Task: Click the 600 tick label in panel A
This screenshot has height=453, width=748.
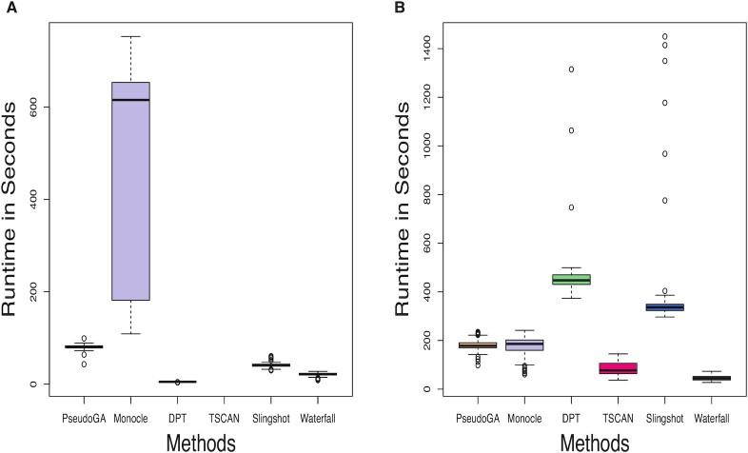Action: (32, 108)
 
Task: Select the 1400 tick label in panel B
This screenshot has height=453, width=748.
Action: (407, 48)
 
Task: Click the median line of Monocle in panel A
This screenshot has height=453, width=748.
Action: (131, 100)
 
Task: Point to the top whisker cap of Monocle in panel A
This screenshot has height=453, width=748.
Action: (131, 36)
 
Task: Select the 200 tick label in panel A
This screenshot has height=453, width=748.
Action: (32, 291)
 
